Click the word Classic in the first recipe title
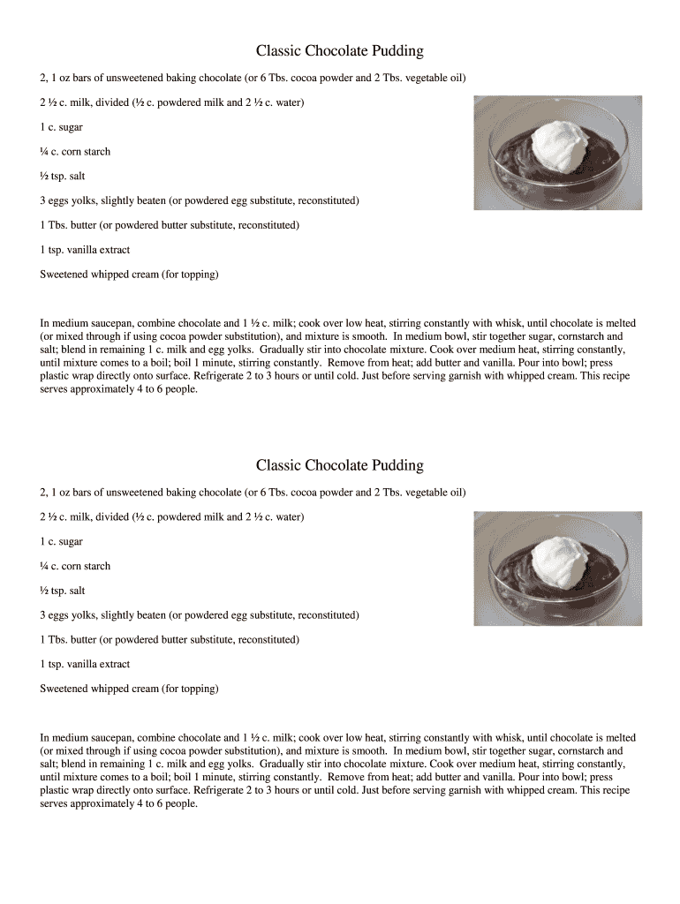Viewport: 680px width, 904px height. [x=278, y=51]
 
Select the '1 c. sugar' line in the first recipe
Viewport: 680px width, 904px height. [x=61, y=127]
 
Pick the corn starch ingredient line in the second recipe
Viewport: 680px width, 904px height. [x=75, y=566]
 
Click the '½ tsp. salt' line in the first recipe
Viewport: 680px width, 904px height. [x=62, y=177]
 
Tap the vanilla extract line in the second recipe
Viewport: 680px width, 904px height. [x=85, y=664]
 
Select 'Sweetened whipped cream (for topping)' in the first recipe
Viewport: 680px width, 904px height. [x=129, y=275]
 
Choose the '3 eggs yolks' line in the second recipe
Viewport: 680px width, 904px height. [x=199, y=615]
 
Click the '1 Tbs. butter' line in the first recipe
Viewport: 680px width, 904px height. [x=170, y=225]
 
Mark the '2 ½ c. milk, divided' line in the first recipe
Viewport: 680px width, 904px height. [x=172, y=102]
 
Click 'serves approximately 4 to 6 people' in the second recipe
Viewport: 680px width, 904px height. [x=118, y=804]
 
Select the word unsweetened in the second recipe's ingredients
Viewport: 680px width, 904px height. [x=135, y=492]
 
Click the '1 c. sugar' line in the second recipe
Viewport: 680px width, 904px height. [x=61, y=541]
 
